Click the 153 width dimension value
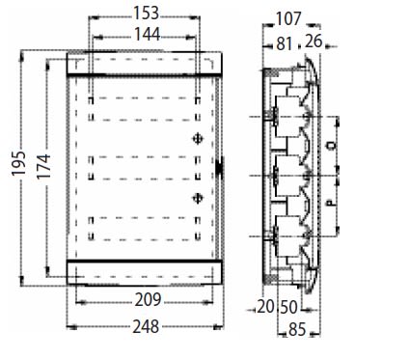click(x=146, y=14)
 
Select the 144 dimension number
click(x=147, y=35)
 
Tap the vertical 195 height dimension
click(x=18, y=163)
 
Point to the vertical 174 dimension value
click(x=43, y=166)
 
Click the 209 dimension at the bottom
click(x=148, y=300)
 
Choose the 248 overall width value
click(x=146, y=326)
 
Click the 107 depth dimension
click(x=288, y=18)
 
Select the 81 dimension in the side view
click(x=285, y=44)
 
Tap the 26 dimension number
click(x=314, y=42)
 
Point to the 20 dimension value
click(x=265, y=307)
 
